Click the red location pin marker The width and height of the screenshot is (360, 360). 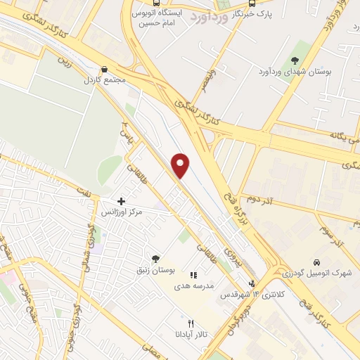181,165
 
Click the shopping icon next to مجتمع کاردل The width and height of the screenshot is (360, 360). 104,70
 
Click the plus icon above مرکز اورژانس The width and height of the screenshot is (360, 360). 122,201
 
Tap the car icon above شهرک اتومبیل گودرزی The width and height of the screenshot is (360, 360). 317,262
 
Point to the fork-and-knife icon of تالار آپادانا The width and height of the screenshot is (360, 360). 190,323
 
